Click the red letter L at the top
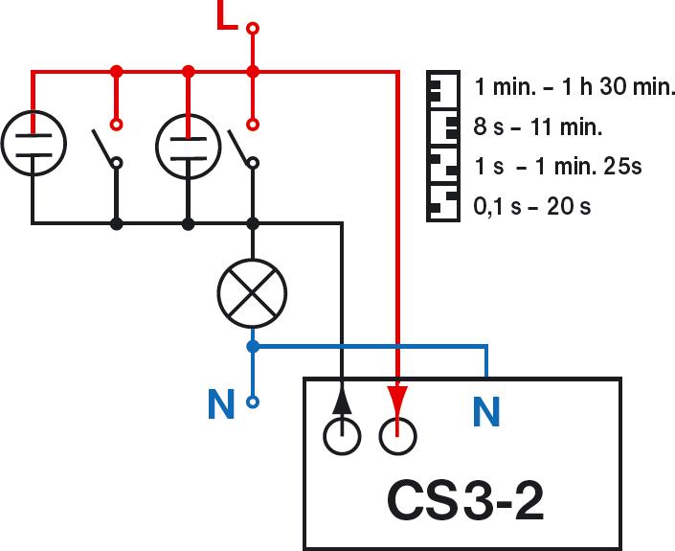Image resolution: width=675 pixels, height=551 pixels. click(227, 16)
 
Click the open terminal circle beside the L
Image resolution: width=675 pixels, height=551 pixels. click(253, 29)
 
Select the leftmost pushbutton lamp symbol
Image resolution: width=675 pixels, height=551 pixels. click(33, 145)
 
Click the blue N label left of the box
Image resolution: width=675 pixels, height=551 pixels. click(221, 405)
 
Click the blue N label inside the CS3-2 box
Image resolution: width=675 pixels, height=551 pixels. click(487, 413)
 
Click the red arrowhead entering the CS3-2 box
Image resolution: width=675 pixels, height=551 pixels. click(397, 397)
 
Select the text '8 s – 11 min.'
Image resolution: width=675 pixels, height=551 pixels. click(538, 126)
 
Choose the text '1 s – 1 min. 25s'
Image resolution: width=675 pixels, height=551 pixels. click(558, 166)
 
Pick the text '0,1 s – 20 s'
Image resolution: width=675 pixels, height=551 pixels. click(532, 205)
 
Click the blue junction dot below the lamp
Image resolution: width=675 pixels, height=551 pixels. click(252, 346)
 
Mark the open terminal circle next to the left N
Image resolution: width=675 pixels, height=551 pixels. click(253, 402)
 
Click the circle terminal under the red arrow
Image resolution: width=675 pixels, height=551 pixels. click(397, 437)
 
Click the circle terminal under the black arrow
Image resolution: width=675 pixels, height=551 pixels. click(343, 437)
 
